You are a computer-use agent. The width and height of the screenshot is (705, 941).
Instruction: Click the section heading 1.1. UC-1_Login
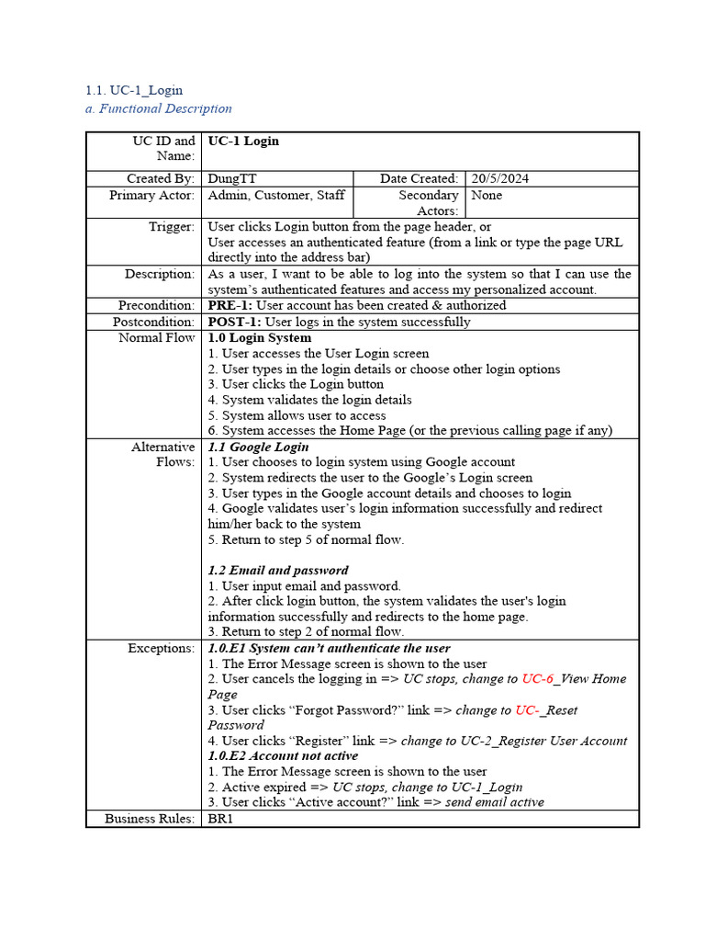tap(133, 90)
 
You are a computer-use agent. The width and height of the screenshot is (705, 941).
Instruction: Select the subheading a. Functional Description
tap(158, 108)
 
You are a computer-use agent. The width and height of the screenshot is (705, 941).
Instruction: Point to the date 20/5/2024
tap(500, 178)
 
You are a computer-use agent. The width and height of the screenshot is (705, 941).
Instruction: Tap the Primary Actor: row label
tap(151, 195)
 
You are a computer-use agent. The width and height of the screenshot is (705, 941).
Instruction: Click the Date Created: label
tap(420, 178)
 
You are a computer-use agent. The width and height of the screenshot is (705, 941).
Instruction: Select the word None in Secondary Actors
tap(487, 195)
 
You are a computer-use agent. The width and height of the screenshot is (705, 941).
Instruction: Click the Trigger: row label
tap(172, 226)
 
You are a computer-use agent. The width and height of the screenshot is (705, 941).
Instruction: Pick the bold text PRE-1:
tap(229, 305)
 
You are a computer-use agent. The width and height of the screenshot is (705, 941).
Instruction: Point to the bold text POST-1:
tap(234, 322)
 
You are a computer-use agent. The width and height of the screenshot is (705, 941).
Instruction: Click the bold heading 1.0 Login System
tap(260, 337)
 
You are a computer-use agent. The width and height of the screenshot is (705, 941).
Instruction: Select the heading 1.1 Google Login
tap(258, 447)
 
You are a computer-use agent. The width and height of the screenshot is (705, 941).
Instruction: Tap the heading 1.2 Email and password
tap(278, 570)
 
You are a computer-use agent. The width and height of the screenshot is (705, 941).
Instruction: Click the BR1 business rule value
tap(221, 818)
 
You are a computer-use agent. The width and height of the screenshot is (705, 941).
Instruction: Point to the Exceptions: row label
tap(161, 648)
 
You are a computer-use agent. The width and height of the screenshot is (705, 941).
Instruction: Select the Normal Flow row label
tap(157, 337)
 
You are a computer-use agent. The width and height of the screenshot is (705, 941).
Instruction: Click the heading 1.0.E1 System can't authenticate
tap(329, 648)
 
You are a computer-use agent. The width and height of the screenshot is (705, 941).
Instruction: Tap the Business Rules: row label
tap(150, 818)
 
